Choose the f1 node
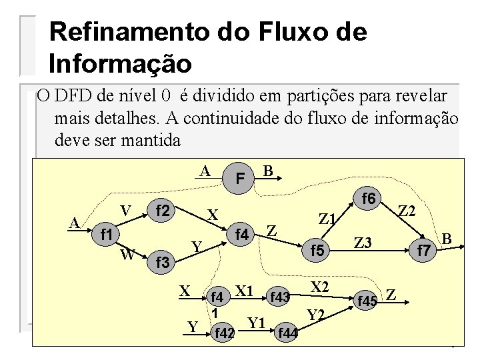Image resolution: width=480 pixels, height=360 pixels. [x=105, y=234]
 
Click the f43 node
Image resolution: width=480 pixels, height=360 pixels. [x=279, y=296]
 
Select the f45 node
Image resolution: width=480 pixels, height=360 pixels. [x=367, y=301]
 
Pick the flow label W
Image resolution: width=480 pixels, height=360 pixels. [x=127, y=254]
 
